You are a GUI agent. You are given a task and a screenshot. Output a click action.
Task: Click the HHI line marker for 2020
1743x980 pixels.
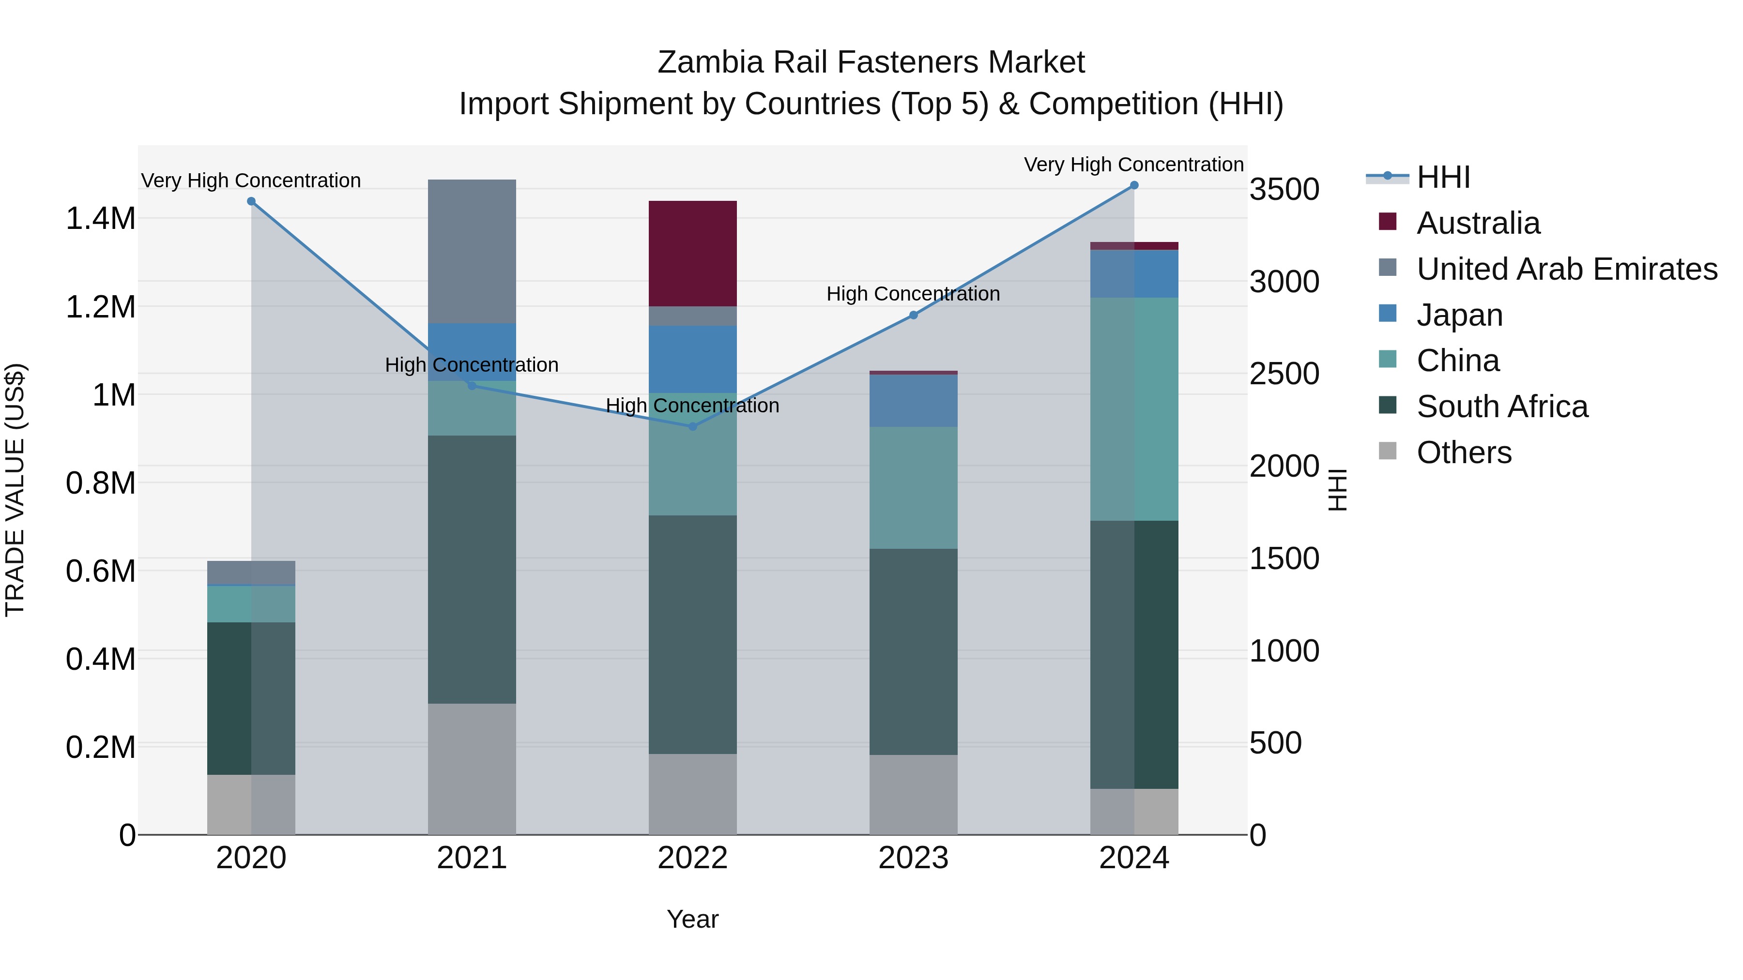[251, 201]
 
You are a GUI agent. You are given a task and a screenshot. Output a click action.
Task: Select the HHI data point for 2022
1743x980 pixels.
[692, 427]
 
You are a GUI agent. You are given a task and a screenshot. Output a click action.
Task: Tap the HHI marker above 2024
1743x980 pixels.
[1134, 185]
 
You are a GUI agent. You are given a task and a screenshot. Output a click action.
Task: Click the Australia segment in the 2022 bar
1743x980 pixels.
[692, 254]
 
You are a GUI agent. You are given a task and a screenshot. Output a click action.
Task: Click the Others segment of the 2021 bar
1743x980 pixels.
[472, 769]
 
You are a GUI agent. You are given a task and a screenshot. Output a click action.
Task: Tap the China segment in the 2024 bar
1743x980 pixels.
[1134, 409]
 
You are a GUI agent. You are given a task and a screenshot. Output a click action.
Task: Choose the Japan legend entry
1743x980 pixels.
[1459, 315]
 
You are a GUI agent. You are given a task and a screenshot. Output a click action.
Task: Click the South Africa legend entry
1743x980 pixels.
[1501, 407]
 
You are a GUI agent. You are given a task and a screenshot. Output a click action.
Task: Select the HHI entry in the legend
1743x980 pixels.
[1443, 177]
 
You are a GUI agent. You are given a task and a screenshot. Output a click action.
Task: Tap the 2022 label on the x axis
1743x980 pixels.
[692, 858]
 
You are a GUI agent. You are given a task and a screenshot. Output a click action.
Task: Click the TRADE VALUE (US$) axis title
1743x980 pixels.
[15, 490]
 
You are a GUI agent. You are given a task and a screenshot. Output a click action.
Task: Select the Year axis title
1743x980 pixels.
[692, 919]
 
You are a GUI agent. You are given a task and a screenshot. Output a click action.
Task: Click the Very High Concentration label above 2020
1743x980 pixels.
[251, 181]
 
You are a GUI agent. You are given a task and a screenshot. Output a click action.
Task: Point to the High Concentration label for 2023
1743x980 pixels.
[913, 294]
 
